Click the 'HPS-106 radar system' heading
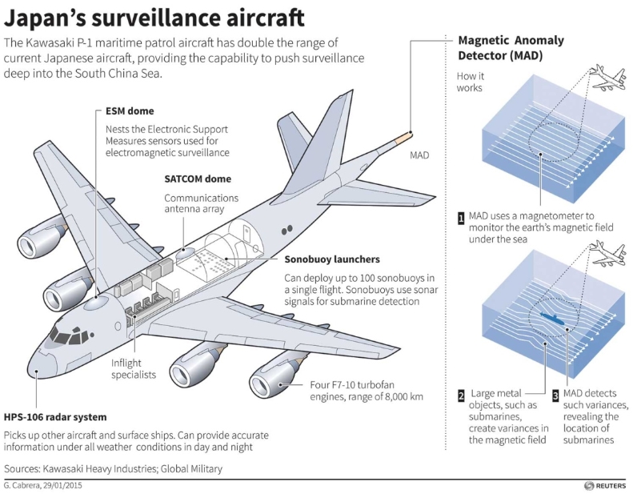pos(54,417)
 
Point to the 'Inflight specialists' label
pos(134,367)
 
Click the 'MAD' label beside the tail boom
pos(420,155)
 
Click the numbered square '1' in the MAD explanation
pos(461,217)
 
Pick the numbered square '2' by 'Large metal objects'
pos(461,395)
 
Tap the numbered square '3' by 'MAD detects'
pos(555,395)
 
